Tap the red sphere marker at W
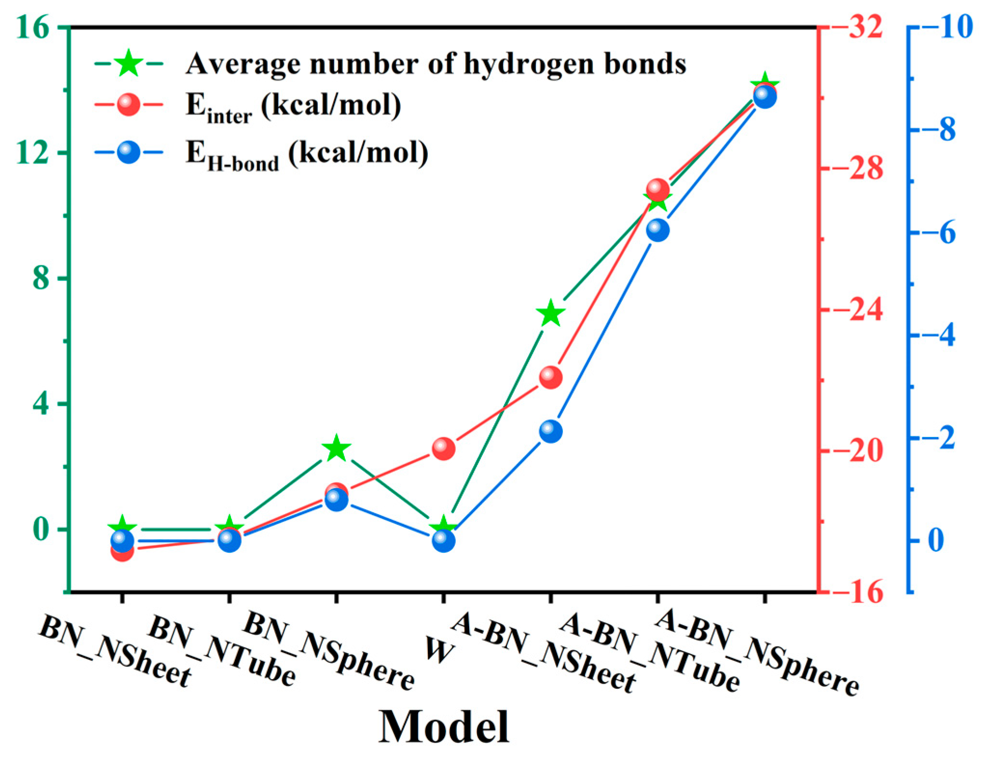coord(443,449)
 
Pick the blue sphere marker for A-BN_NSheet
coord(550,431)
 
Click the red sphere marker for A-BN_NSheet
coord(550,377)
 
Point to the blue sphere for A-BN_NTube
coord(657,230)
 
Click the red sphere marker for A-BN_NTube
coord(657,190)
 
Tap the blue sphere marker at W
coord(443,541)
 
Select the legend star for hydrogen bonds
coord(129,63)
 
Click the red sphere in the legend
coord(129,105)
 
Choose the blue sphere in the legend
coord(129,152)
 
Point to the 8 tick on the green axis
coord(41,279)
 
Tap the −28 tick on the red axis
coord(866,168)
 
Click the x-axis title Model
coord(443,727)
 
